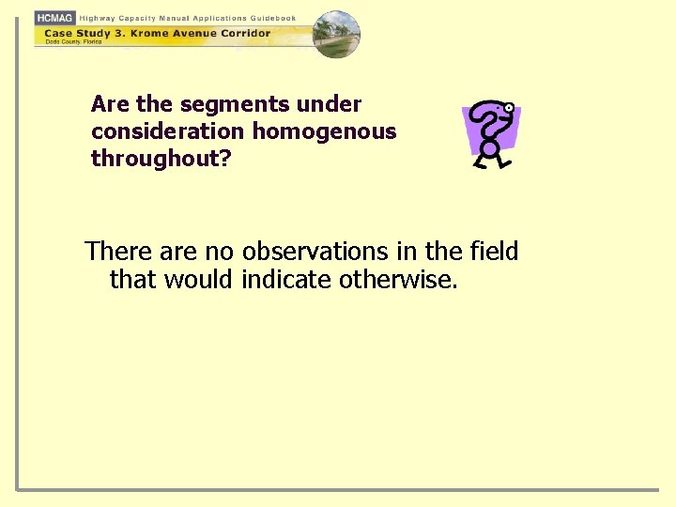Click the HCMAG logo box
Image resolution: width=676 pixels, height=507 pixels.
coord(54,18)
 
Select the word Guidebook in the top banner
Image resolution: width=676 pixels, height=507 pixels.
coord(273,18)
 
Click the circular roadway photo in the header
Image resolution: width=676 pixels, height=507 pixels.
coord(335,35)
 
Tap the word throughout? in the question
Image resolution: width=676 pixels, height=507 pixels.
coord(161,159)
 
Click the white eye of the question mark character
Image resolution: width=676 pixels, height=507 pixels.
coord(508,107)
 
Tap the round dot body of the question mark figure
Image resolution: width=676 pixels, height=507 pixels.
coord(489,147)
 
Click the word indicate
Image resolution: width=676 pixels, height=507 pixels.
coord(287,279)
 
